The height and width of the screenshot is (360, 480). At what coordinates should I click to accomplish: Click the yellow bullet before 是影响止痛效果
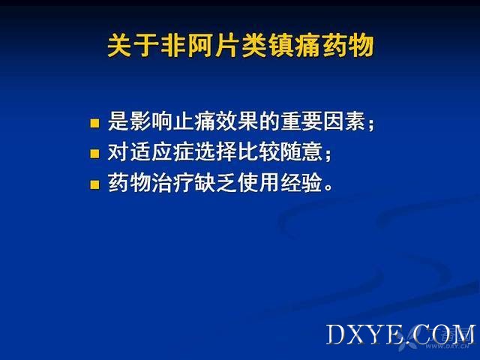tap(94, 123)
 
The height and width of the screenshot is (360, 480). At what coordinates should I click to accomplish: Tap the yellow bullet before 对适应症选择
tap(94, 154)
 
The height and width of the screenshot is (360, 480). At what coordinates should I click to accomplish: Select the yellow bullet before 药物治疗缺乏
tap(94, 185)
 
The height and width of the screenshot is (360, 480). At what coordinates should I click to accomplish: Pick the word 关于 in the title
tap(133, 46)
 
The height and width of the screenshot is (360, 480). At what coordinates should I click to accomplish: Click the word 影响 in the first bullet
tap(140, 121)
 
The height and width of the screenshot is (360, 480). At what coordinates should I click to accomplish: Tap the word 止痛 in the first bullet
tap(184, 121)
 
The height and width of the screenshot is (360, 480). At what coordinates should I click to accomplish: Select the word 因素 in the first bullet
tap(344, 121)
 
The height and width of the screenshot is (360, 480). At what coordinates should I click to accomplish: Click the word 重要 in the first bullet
tap(301, 121)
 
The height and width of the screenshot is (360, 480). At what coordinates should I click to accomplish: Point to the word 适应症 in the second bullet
tap(162, 152)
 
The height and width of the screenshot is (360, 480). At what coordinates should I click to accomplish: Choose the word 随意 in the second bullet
tap(301, 152)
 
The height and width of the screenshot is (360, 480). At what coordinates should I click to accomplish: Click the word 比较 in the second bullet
tap(259, 152)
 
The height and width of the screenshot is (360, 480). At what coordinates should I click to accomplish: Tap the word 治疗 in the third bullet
tap(173, 183)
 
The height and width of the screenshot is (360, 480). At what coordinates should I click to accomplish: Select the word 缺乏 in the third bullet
tap(216, 183)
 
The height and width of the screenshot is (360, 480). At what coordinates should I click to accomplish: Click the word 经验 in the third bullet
tap(301, 183)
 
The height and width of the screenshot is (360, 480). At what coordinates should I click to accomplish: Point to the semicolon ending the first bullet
tap(371, 124)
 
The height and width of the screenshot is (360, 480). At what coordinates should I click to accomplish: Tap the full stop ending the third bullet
tap(328, 187)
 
